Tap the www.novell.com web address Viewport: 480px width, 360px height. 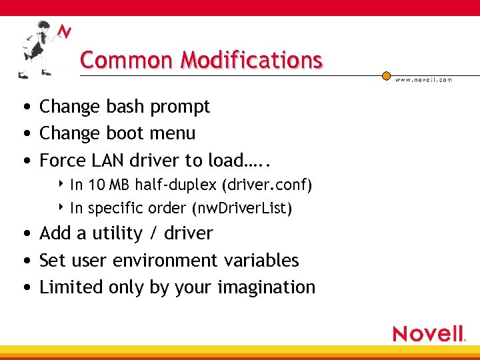[424, 79]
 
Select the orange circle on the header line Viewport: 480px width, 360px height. [386, 75]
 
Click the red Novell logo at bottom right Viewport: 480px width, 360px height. [429, 333]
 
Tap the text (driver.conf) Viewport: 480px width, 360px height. [270, 184]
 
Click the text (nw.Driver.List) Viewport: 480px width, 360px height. [241, 208]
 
